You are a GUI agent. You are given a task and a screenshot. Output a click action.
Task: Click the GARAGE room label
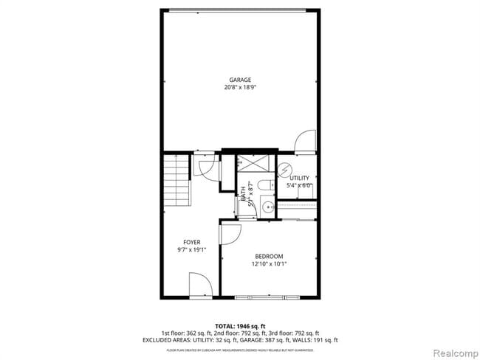coord(239,80)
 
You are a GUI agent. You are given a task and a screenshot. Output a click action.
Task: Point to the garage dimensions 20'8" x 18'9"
coord(239,87)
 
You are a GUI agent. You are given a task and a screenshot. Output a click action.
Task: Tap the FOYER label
coord(192,242)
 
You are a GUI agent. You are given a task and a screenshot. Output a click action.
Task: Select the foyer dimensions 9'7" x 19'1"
coord(192,249)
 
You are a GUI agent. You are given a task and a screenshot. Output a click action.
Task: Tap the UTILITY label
coord(299,179)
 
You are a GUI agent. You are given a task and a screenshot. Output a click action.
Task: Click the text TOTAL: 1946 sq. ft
coord(240,326)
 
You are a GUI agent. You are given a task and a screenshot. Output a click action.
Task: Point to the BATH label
coord(243,195)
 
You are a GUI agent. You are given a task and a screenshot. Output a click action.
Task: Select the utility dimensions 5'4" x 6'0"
coord(299,186)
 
